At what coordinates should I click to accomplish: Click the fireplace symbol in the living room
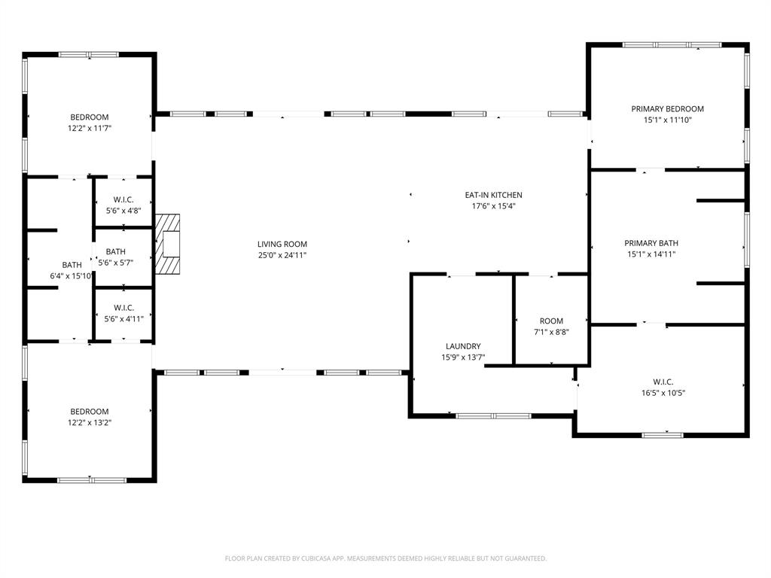click(169, 245)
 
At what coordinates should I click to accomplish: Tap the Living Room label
click(282, 244)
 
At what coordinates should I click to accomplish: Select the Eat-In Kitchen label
click(493, 195)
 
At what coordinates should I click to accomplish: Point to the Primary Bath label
click(651, 243)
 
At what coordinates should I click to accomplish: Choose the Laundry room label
click(463, 346)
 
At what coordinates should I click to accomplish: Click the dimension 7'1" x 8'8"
click(551, 332)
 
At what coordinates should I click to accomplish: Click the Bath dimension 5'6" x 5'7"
click(116, 263)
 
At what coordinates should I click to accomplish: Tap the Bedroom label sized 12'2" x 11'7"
click(90, 117)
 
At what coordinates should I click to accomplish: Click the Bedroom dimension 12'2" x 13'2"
click(90, 422)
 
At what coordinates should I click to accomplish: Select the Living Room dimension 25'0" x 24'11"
click(282, 255)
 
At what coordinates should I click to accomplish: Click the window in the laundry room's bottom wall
click(494, 415)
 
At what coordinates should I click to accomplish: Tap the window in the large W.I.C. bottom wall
click(663, 434)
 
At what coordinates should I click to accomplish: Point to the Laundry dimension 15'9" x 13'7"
click(463, 357)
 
